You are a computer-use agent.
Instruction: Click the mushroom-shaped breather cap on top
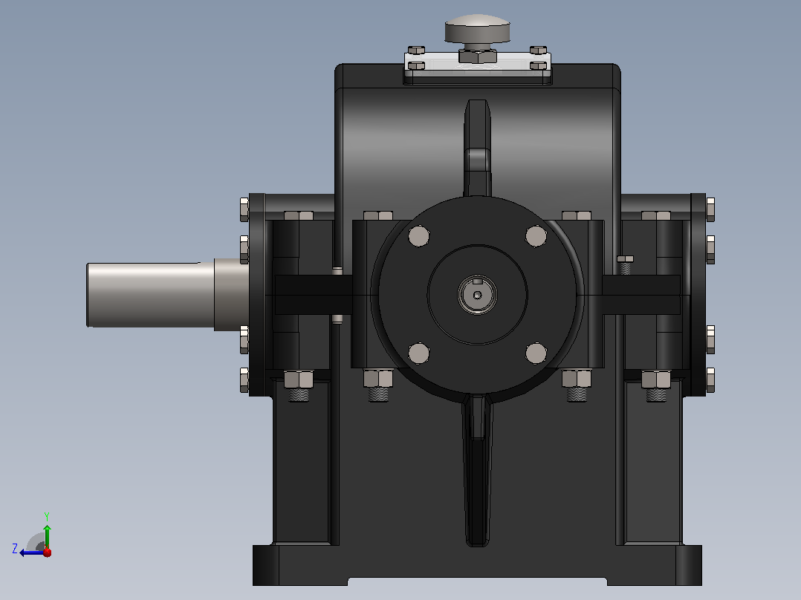tap(477, 29)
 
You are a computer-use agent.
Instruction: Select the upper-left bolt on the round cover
tap(419, 236)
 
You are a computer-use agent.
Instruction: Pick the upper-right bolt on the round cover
tap(536, 236)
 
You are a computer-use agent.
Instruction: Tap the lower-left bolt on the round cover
tap(419, 353)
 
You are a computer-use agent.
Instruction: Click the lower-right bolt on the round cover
tap(536, 353)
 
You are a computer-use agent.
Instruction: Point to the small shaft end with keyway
tap(477, 295)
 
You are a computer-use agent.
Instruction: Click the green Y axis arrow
tap(47, 531)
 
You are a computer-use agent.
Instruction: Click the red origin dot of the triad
tap(48, 552)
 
